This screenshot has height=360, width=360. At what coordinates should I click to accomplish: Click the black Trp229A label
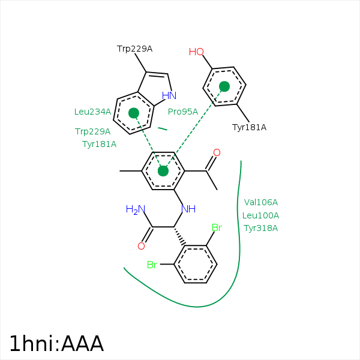tap(134, 49)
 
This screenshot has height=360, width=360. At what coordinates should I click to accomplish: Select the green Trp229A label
tap(92, 131)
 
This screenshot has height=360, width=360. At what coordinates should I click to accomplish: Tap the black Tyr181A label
tap(249, 127)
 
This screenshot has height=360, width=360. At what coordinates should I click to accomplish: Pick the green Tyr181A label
tap(99, 144)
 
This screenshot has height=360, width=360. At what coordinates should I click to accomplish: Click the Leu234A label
tap(92, 112)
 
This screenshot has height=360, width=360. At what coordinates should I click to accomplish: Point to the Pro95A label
tap(182, 112)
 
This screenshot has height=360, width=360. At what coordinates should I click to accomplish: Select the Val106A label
tap(261, 202)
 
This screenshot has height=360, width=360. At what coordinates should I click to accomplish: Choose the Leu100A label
tap(261, 215)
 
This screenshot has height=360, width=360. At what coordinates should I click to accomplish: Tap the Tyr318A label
tap(261, 228)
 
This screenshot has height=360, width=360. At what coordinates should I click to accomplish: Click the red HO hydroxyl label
tap(196, 52)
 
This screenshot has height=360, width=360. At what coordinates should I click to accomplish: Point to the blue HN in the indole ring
tap(169, 95)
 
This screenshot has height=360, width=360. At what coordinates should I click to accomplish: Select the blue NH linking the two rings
tap(189, 209)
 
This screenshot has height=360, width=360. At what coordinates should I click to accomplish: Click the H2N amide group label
tap(135, 209)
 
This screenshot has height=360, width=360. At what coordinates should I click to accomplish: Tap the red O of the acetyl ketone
tap(217, 153)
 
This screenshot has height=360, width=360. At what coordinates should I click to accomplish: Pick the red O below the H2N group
tap(142, 246)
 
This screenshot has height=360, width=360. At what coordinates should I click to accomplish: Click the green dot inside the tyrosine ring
tap(224, 87)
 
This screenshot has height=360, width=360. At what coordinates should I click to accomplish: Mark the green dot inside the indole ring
tap(134, 113)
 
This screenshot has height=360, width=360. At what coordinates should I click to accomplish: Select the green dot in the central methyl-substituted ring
tap(163, 171)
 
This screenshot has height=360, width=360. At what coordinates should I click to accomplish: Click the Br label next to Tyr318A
tap(217, 228)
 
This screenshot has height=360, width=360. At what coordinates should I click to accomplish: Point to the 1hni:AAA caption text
tap(56, 343)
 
